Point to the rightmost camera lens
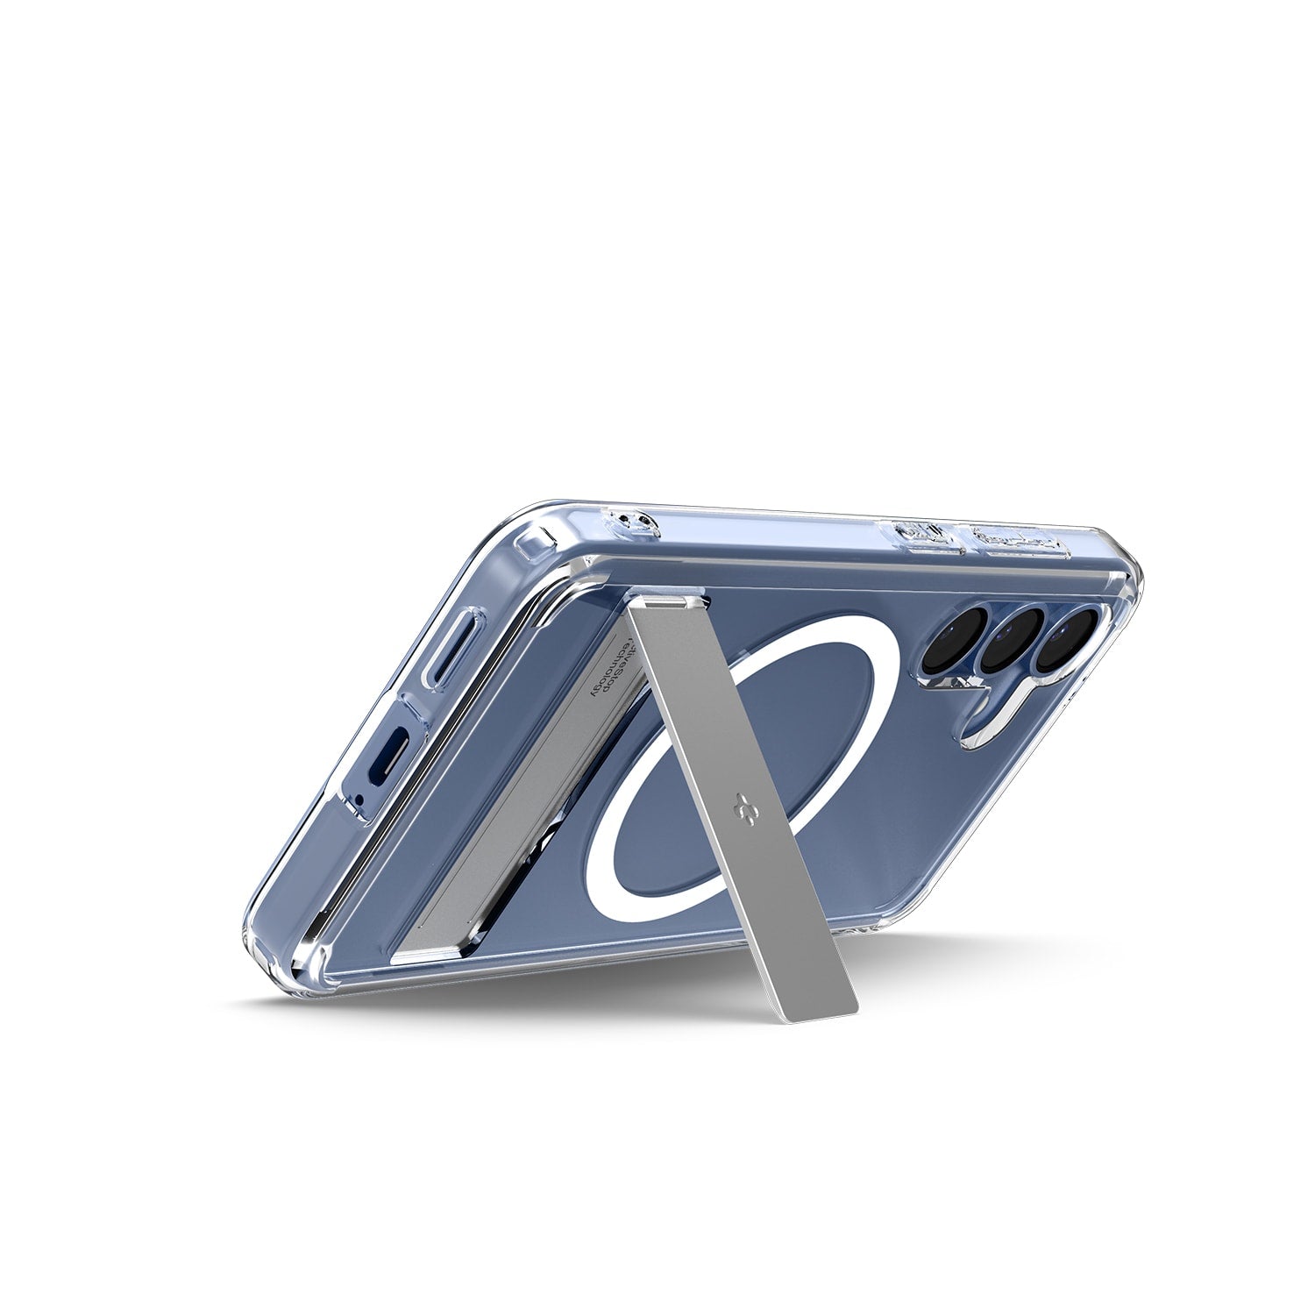tap(1067, 632)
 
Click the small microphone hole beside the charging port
tap(358, 798)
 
